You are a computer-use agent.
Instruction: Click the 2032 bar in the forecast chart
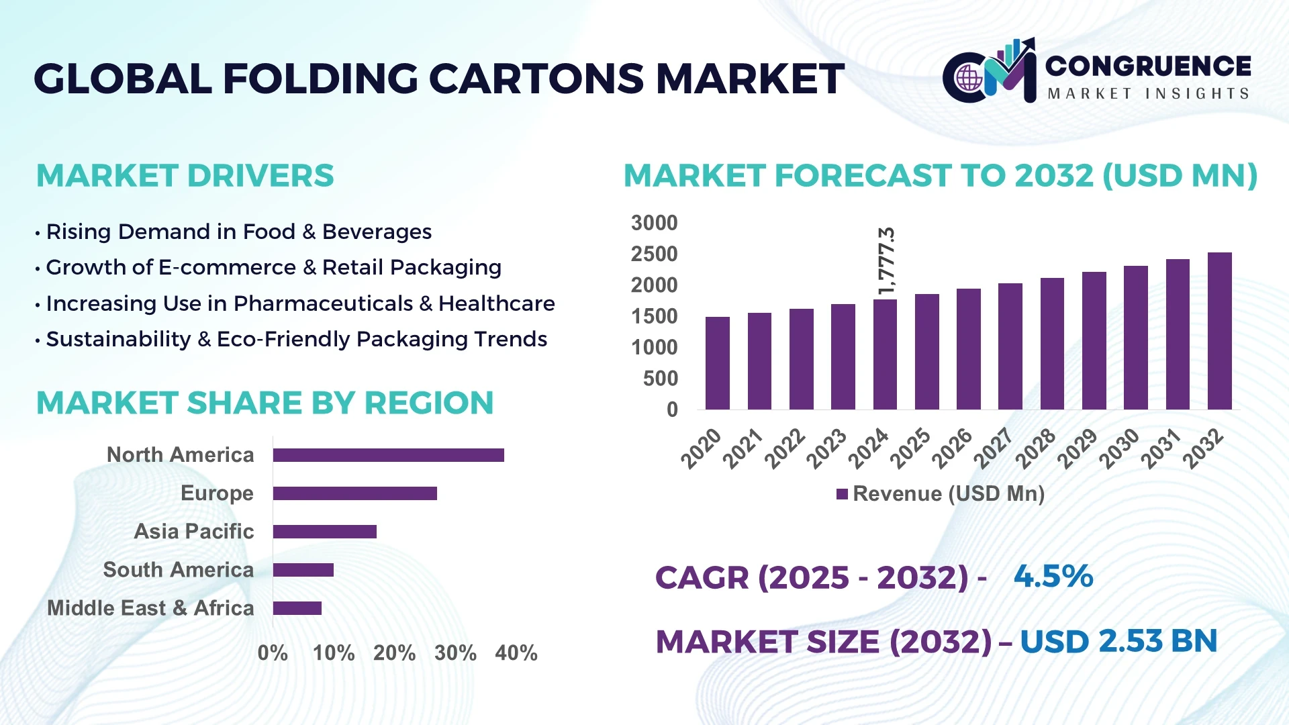1219,331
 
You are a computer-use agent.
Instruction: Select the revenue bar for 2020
717,363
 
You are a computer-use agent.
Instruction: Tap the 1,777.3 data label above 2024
887,260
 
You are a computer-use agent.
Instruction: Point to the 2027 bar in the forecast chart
1010,346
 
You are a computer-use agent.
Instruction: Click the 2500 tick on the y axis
654,254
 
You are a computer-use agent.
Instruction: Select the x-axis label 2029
1078,448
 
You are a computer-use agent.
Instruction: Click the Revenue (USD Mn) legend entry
941,494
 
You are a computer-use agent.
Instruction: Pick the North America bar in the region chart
388,455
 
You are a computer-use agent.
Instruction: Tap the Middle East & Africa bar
297,608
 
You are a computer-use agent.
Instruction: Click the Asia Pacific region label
193,532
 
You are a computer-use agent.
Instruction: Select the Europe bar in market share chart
354,493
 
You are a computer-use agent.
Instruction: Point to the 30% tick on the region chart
455,653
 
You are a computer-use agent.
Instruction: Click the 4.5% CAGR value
1053,577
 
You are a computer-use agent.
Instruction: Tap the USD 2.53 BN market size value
1118,641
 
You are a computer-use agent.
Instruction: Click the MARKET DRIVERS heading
185,176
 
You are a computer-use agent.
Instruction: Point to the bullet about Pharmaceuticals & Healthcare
300,303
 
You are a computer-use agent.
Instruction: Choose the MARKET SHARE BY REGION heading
265,403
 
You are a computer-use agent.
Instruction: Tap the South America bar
303,570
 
